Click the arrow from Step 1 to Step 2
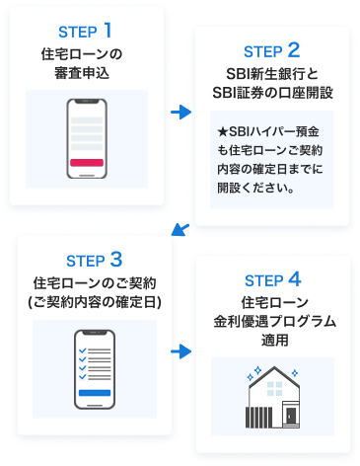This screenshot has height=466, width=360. coord(180,114)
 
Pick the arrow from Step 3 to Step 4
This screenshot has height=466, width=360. coord(180,349)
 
